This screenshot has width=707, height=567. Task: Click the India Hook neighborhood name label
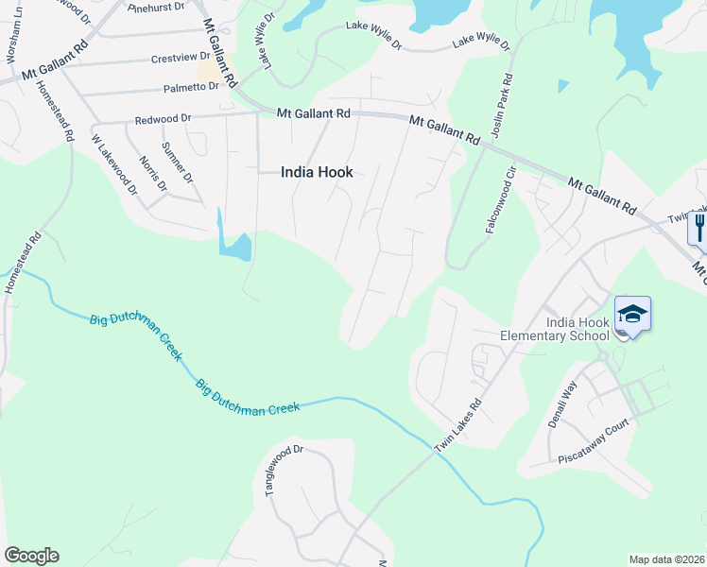tap(316, 172)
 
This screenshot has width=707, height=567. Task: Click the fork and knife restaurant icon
tap(699, 228)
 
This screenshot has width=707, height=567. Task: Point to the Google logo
tap(30, 556)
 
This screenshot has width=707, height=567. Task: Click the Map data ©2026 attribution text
tap(666, 559)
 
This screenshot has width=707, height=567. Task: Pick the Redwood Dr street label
tap(163, 120)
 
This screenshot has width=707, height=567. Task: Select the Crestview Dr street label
tap(179, 59)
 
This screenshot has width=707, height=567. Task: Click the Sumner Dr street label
tap(177, 162)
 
